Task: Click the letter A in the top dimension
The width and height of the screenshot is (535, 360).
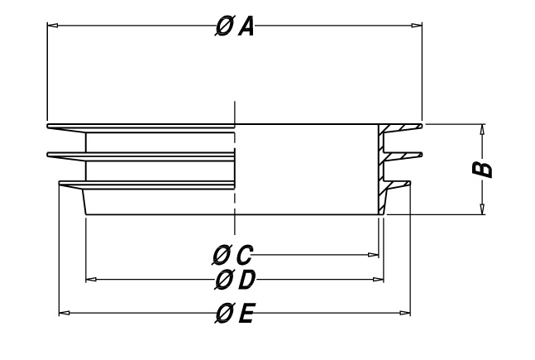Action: [246, 27]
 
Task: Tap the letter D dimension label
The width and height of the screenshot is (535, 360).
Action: [246, 280]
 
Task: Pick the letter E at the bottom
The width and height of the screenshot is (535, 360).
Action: [246, 314]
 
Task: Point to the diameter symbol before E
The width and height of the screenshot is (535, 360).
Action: [225, 313]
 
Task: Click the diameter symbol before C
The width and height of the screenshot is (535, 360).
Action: [222, 255]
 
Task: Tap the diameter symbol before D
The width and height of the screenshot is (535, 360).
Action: [224, 280]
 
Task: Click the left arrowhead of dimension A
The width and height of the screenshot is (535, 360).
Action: [52, 25]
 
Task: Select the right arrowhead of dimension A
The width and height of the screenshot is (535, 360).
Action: [417, 25]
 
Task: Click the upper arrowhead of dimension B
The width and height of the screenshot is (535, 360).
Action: [482, 129]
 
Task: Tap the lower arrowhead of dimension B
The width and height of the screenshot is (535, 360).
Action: [482, 209]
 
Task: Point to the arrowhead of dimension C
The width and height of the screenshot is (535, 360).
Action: [374, 255]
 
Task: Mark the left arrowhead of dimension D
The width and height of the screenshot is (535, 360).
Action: [91, 280]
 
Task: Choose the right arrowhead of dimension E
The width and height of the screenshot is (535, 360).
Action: [405, 313]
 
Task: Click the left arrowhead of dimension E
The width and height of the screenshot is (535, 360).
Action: [64, 313]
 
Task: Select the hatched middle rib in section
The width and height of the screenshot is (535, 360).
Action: [402, 156]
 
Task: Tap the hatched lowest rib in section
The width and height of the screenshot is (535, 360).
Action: [396, 185]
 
